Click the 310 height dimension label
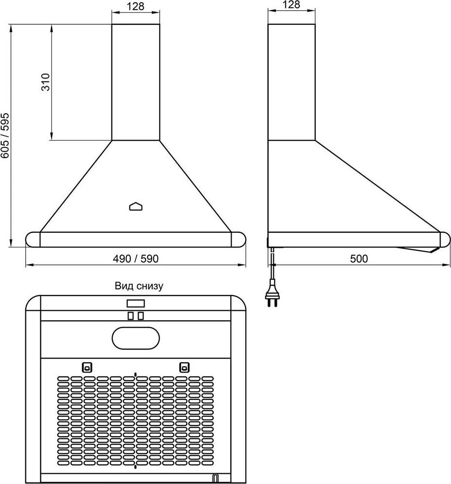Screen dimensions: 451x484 pos(45,82)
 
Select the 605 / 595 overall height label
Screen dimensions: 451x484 pos(5,136)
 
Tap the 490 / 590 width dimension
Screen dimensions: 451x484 pos(136,259)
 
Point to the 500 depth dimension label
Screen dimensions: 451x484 pos(359,259)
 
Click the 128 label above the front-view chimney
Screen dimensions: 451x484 pos(135,6)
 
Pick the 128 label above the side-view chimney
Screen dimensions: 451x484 pos(291,5)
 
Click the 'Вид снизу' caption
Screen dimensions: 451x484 pos(139,286)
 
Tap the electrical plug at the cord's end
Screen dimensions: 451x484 pos(272,293)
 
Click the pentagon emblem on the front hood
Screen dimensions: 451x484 pos(136,206)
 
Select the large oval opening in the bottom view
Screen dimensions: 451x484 pos(136,338)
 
